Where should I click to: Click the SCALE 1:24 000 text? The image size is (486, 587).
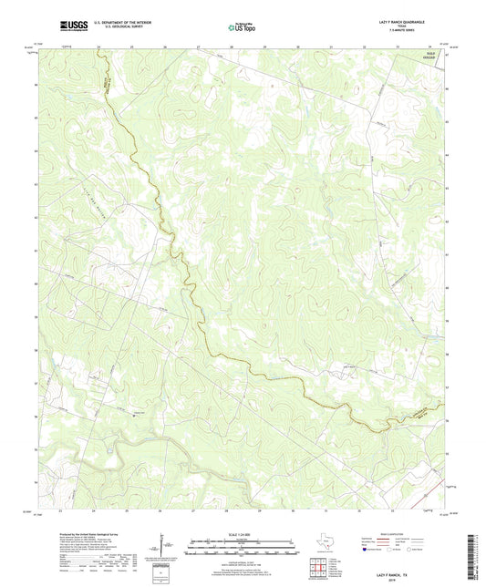[243, 533]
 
